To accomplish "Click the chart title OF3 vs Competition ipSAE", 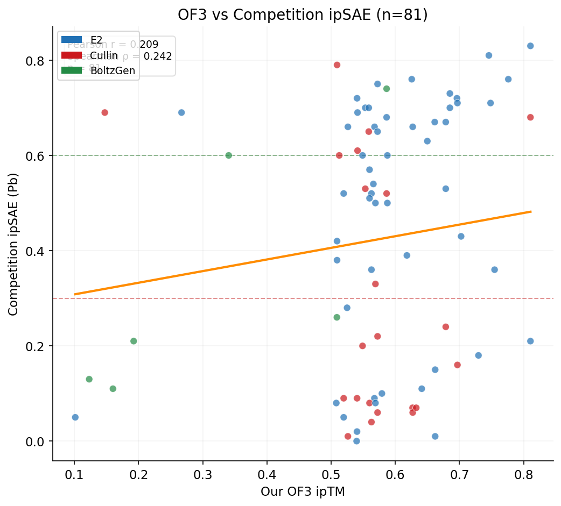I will point(303,15).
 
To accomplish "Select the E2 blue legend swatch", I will point(72,39).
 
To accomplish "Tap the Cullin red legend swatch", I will point(72,55).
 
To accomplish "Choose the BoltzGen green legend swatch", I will point(72,70).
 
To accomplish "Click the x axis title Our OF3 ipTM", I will point(303,491).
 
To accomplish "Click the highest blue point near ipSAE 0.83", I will point(530,46).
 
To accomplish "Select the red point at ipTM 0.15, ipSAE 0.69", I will point(104,112).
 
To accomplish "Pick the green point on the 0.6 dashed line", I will point(228,155).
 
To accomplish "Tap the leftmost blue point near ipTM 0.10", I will point(75,417).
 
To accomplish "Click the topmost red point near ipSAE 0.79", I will point(337,65).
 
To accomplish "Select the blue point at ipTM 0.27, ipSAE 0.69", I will point(181,112).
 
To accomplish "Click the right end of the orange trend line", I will point(531,211).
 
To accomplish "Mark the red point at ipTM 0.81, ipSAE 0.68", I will point(530,117).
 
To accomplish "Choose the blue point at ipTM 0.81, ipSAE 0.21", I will point(530,341).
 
